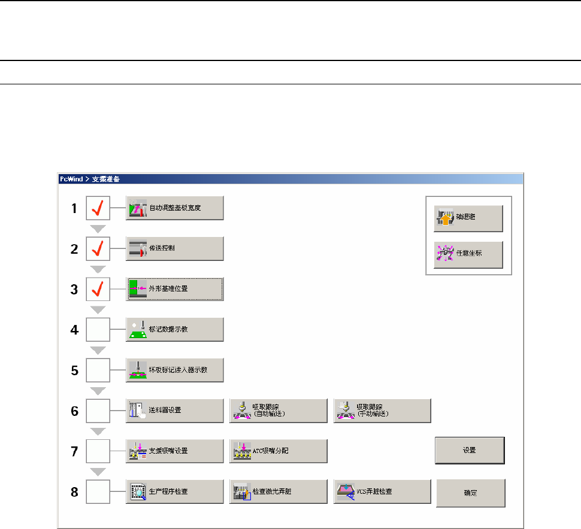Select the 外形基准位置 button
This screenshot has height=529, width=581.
pyautogui.click(x=174, y=289)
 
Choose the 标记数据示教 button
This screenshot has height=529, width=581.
pyautogui.click(x=174, y=329)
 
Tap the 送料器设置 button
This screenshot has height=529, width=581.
pyautogui.click(x=174, y=410)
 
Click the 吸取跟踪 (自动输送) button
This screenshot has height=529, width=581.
pyautogui.click(x=279, y=410)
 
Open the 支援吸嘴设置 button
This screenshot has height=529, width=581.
pyautogui.click(x=174, y=451)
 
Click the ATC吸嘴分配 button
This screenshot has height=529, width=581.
pyautogui.click(x=279, y=451)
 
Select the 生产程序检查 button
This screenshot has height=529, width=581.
pyautogui.click(x=174, y=491)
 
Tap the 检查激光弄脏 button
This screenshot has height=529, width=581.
pyautogui.click(x=279, y=491)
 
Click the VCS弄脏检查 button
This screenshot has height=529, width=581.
pyautogui.click(x=382, y=491)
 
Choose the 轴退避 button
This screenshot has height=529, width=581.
pyautogui.click(x=468, y=219)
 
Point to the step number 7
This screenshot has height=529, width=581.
pyautogui.click(x=74, y=451)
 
